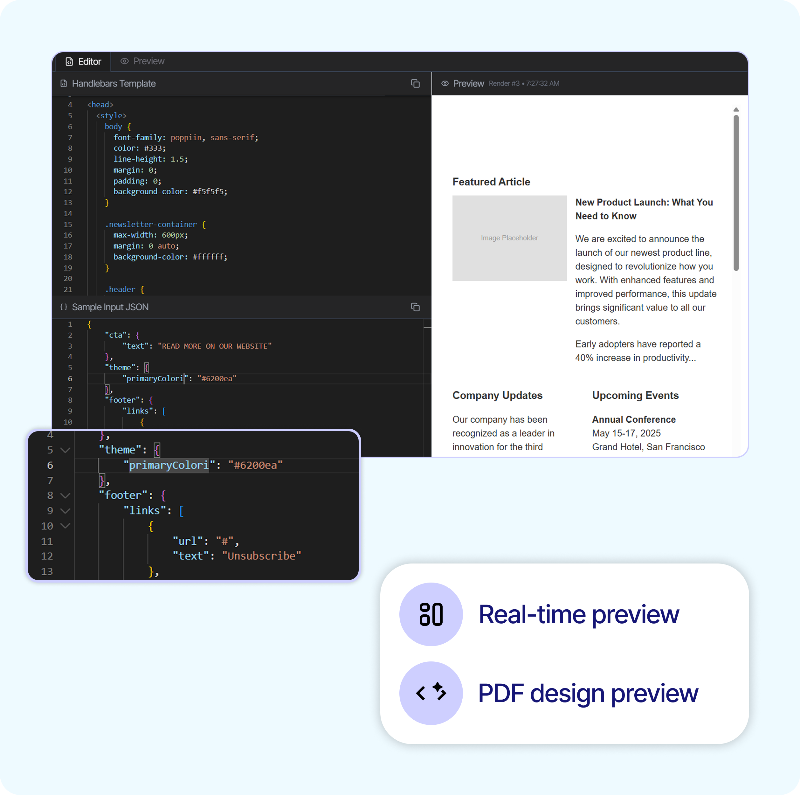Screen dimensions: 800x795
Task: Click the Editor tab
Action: [84, 62]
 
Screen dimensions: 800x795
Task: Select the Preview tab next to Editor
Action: [143, 61]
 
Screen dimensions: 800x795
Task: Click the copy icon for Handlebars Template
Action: [415, 84]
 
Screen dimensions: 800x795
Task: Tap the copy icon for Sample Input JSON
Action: [415, 307]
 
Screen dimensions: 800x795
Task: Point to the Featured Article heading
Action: [491, 182]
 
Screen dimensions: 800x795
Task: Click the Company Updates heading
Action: [497, 395]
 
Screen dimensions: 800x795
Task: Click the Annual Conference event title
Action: [633, 419]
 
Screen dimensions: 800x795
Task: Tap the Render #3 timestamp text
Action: [523, 84]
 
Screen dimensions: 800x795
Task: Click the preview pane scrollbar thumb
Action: [736, 192]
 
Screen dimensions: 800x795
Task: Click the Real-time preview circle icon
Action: [431, 614]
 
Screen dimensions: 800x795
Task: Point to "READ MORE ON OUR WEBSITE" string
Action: [215, 346]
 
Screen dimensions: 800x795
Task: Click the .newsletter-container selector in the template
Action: [151, 225]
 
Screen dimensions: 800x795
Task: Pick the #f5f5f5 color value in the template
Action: [210, 192]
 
